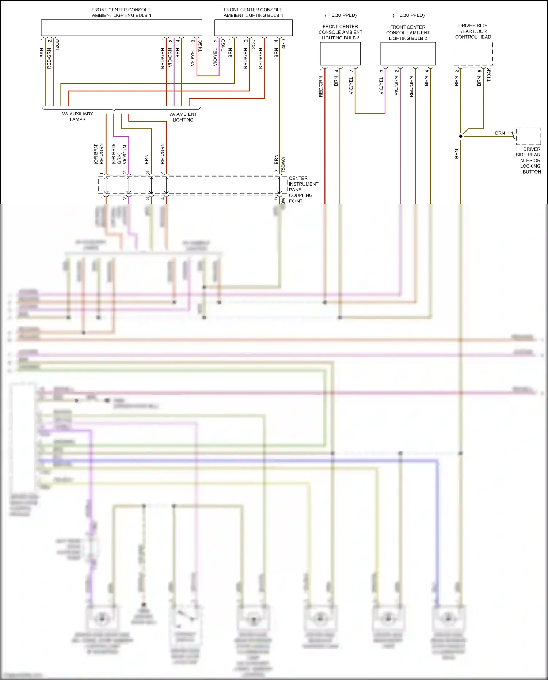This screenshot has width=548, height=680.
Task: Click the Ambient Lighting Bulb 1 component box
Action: point(121,28)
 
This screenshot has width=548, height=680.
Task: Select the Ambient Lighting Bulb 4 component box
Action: point(253,28)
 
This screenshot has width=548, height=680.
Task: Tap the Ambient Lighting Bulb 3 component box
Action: point(340,54)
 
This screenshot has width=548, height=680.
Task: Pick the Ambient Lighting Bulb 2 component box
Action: point(408,54)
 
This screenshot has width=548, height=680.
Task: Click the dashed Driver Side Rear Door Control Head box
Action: point(473,53)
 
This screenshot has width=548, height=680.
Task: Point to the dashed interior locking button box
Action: point(529,136)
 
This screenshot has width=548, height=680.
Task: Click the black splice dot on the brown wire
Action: point(461,136)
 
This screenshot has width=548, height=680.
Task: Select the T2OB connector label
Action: point(57,45)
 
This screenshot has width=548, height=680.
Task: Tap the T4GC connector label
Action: point(200,46)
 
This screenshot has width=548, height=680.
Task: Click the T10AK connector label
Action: point(489,75)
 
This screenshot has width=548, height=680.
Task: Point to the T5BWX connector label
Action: point(283,164)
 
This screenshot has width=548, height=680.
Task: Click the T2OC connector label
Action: point(253,45)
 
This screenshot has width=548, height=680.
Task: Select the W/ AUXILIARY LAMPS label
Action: point(77,117)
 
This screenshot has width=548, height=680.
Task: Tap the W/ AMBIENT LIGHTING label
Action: point(183,117)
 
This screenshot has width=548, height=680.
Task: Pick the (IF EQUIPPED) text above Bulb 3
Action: point(340,15)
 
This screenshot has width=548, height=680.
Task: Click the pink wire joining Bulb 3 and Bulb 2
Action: point(370,113)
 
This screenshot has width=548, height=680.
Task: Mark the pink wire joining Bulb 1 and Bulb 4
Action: point(208,76)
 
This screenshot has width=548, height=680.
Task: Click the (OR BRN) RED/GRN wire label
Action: point(99,153)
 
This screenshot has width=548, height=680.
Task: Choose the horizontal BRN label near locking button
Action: point(500,133)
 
